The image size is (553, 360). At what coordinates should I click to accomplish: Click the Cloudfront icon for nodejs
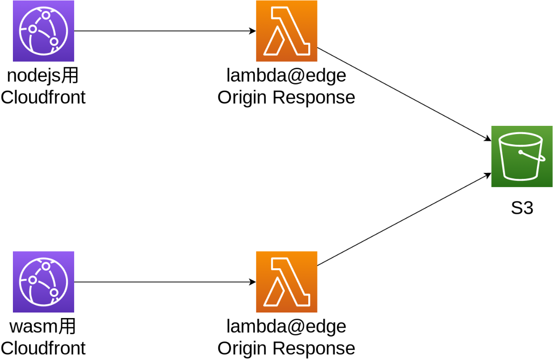[x=43, y=31]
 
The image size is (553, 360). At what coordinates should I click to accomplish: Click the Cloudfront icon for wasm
[x=43, y=282]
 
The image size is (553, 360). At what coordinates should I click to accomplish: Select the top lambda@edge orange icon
[x=287, y=31]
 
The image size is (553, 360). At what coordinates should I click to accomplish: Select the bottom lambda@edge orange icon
[x=287, y=282]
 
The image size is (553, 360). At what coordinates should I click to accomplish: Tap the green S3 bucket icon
[x=522, y=156]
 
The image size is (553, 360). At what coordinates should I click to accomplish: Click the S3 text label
[x=522, y=208]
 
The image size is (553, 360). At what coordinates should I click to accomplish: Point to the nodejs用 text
[x=43, y=76]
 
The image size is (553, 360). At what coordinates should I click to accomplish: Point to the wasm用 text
[x=43, y=326]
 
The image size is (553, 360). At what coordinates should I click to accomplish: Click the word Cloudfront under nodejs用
[x=43, y=98]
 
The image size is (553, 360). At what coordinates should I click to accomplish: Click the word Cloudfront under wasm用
[x=43, y=348]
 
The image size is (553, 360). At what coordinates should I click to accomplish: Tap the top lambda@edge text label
[x=286, y=76]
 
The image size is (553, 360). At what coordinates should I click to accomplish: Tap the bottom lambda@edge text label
[x=286, y=326]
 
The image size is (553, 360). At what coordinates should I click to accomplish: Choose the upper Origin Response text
[x=286, y=98]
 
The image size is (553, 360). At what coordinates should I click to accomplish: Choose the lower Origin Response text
[x=286, y=348]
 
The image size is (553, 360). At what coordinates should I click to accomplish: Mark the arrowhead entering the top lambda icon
[x=253, y=31]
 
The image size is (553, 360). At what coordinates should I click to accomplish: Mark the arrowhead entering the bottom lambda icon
[x=253, y=282]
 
